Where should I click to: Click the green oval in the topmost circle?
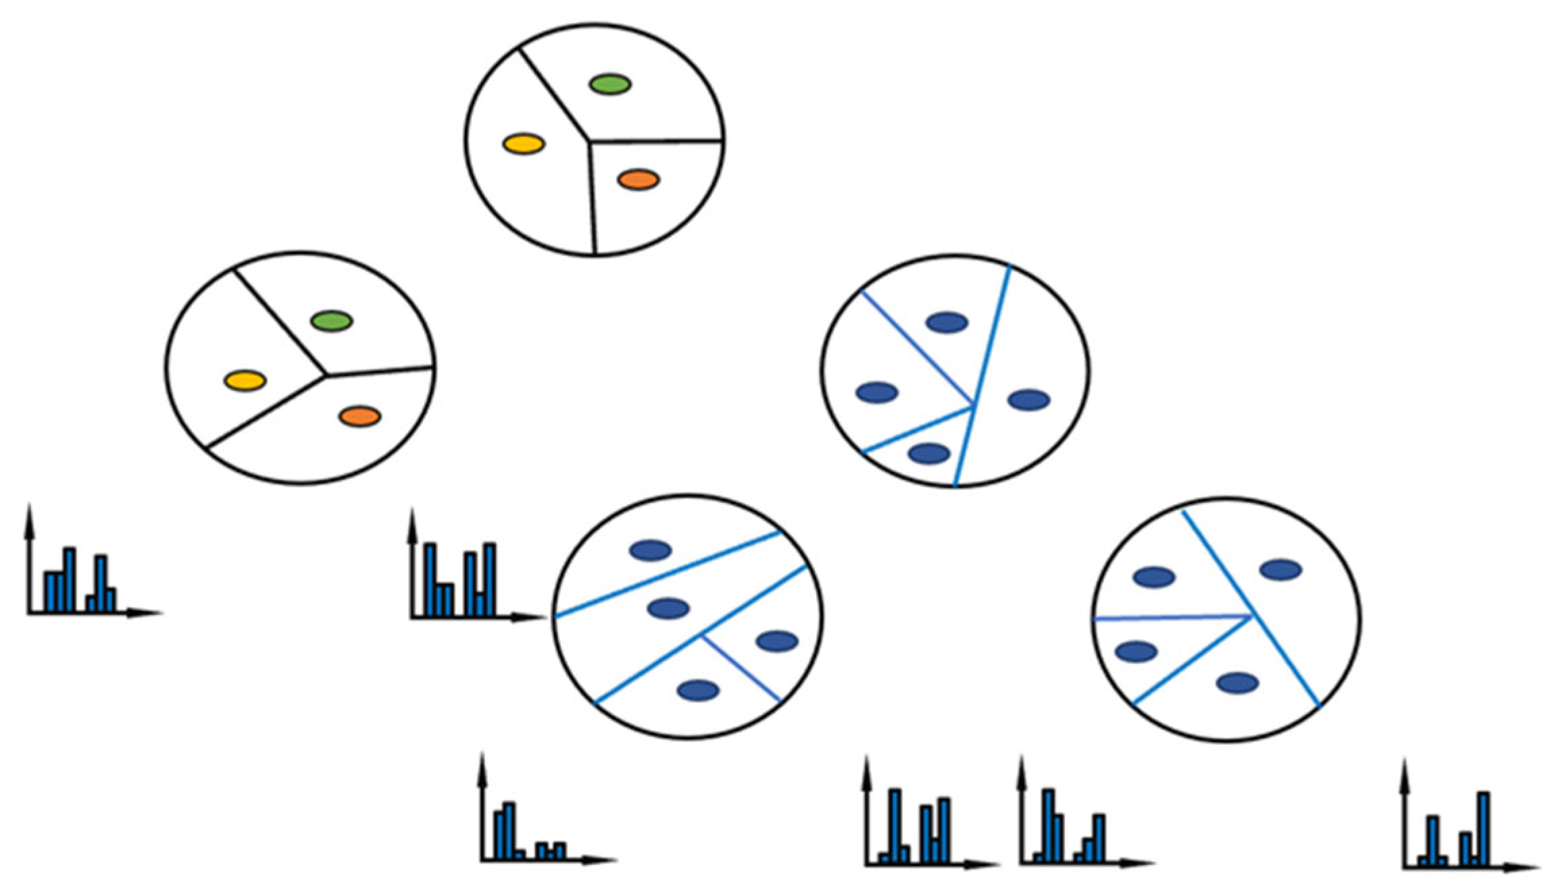(610, 84)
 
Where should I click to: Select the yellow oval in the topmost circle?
(524, 144)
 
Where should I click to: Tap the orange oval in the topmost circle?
(638, 180)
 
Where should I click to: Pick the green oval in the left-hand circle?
(331, 321)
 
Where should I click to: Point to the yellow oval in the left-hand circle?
(245, 380)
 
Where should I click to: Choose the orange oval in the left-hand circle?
(360, 416)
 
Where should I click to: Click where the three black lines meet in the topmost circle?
(590, 142)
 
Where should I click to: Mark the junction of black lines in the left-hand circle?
(326, 375)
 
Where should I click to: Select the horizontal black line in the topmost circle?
(655, 141)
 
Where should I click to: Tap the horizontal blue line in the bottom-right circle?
(1169, 617)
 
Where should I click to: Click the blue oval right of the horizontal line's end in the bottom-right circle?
(1280, 570)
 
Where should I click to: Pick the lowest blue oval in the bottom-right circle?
(1237, 683)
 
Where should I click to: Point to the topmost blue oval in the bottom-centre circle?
(650, 550)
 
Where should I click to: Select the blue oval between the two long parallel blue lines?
(668, 608)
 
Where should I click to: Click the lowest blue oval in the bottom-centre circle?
(698, 690)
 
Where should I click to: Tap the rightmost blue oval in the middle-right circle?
(1028, 400)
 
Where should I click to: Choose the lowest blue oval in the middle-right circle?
(929, 453)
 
